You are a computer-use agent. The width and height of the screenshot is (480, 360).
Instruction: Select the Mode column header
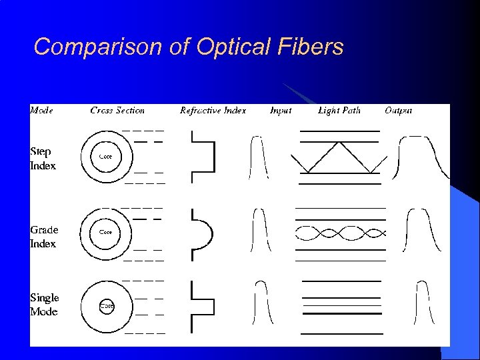[41, 110]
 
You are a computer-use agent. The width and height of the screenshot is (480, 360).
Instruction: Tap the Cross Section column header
[117, 110]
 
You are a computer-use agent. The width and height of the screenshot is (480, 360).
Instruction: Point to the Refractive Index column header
[213, 110]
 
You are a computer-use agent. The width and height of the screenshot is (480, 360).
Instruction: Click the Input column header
[281, 110]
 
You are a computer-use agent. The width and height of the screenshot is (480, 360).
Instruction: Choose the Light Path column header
[339, 110]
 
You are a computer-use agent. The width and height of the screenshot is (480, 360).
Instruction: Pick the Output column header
[398, 110]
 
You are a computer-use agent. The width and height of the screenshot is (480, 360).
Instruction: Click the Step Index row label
[43, 158]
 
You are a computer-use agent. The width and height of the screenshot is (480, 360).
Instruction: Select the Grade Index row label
[44, 237]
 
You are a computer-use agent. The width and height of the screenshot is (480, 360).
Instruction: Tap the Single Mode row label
[44, 305]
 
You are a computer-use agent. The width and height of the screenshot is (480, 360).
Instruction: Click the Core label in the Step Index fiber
[105, 157]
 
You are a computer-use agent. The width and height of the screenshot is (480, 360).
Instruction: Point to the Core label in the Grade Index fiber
[105, 232]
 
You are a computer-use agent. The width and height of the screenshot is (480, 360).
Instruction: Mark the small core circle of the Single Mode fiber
[107, 305]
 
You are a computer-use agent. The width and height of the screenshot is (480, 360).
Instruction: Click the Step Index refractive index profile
[203, 157]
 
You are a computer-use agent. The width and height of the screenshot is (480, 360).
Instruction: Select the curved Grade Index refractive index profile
[203, 233]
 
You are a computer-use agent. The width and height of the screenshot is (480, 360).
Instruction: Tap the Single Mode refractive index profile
[201, 307]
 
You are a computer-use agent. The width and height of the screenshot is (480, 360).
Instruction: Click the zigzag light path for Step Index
[339, 157]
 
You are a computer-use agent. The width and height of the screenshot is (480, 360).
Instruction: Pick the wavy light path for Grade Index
[339, 233]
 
